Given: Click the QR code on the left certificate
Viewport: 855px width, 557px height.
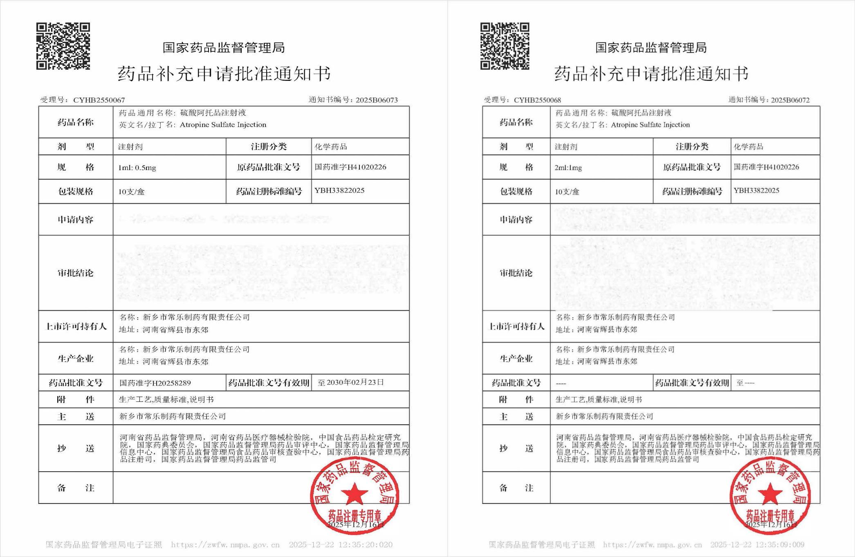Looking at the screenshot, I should point(63,46).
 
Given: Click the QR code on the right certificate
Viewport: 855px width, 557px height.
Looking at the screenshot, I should point(505,46).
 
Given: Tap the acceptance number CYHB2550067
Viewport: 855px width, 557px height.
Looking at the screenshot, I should point(99,100).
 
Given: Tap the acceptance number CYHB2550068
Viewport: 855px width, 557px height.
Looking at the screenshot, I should point(537,100).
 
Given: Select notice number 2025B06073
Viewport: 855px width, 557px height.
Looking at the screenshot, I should point(377,100).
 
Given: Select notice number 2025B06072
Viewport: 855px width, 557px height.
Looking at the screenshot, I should point(790,100).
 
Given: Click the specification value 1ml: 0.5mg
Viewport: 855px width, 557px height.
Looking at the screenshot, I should point(137,167).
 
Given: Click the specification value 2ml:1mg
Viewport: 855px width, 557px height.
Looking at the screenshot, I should point(568,167).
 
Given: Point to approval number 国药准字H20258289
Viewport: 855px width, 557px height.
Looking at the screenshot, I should point(155,383).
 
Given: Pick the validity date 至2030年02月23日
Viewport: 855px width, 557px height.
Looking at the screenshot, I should point(351,383).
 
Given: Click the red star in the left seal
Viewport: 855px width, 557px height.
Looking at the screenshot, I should point(354,494).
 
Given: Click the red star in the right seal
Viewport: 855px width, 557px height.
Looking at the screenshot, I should point(770,494).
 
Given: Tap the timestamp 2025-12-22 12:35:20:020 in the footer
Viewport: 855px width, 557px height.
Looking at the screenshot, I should point(341,545).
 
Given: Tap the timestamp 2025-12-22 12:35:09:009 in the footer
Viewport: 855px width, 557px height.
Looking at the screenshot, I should point(757,545).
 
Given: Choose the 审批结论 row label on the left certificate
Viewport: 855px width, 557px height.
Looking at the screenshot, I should point(76,273).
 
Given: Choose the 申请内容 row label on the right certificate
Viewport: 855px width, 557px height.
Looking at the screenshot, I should point(516,220).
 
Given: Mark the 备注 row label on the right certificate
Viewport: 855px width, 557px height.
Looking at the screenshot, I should point(516,488).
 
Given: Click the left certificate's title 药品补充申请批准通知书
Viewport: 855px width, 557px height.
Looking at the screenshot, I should point(224,74).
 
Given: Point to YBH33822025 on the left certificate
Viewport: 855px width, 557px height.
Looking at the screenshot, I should point(339,191).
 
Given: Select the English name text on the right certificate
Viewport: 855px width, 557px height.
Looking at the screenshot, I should point(650,125).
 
